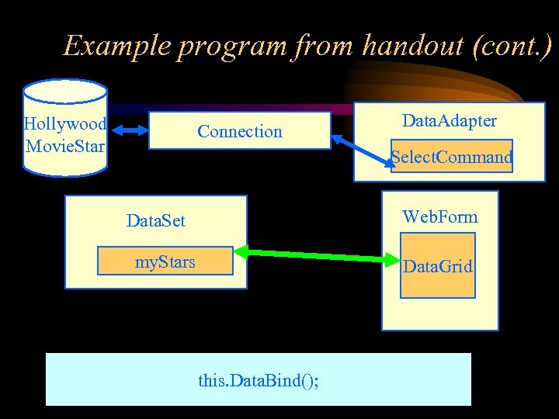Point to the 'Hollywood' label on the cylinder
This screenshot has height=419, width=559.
65,124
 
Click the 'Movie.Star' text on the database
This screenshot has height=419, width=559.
65,145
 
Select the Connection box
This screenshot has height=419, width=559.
240,130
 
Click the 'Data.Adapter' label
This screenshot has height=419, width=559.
450,121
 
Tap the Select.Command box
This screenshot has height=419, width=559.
451,157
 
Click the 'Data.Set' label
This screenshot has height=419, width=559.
156,221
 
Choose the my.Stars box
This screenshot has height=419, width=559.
165,261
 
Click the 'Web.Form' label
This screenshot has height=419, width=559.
439,216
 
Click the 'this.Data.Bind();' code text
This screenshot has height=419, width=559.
259,381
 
